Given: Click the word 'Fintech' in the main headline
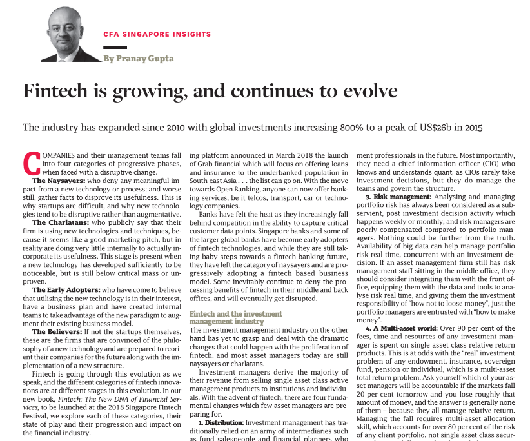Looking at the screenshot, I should click(57, 91).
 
